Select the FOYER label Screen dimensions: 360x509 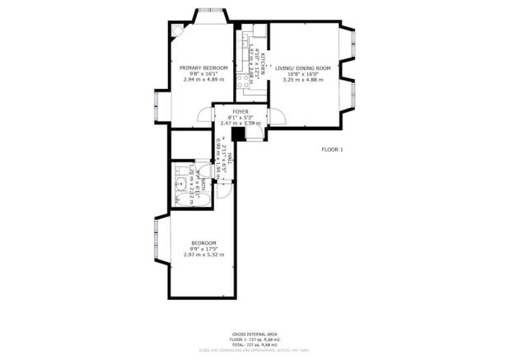pos(240,110)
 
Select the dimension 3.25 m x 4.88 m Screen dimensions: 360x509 pos(302,80)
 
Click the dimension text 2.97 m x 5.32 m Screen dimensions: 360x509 pos(203,255)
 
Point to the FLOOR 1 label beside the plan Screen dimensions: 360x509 pos(332,149)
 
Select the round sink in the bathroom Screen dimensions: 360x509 pos(180,183)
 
